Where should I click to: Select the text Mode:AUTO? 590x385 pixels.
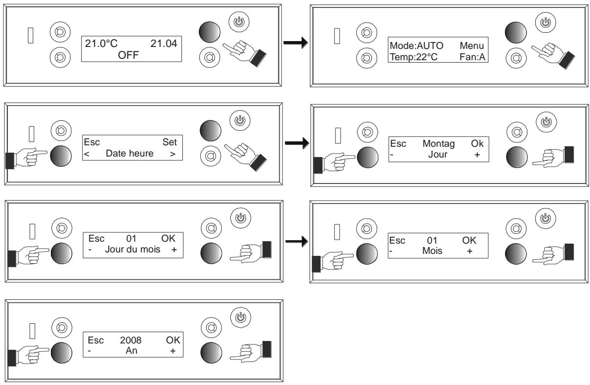(416, 45)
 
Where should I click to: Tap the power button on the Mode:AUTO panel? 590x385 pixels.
(543, 23)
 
